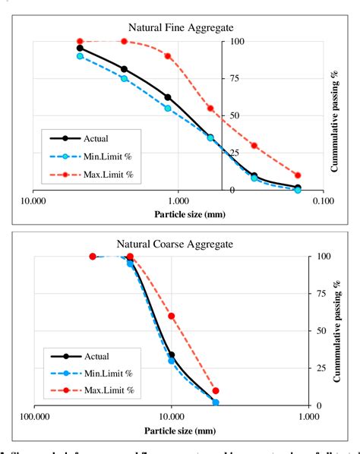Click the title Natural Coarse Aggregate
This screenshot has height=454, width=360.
(x=175, y=244)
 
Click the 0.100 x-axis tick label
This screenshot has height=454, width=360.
(x=323, y=200)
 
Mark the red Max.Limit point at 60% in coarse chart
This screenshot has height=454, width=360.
(x=172, y=316)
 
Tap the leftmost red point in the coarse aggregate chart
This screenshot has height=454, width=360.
(x=93, y=257)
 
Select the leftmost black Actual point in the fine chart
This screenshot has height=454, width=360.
(x=80, y=48)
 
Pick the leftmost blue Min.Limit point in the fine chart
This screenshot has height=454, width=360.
(x=80, y=56)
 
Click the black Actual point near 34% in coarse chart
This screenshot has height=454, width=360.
(x=172, y=355)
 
